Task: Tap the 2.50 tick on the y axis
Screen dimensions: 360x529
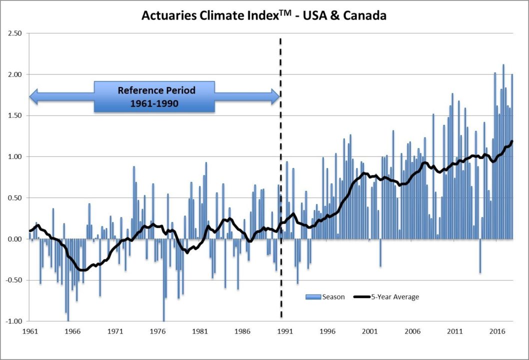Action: [x=15, y=33]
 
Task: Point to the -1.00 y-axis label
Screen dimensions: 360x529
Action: [x=14, y=321]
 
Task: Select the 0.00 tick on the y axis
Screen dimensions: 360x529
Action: [x=15, y=239]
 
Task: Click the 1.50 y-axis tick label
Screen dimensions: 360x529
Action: [x=15, y=115]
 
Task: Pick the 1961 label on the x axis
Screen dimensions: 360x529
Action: [x=29, y=331]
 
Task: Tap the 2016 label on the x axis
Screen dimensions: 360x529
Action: [x=497, y=331]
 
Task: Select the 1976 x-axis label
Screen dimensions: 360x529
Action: [x=157, y=331]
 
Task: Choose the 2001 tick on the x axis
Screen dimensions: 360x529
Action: [x=370, y=331]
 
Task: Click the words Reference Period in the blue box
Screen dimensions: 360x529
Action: [x=156, y=90]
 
